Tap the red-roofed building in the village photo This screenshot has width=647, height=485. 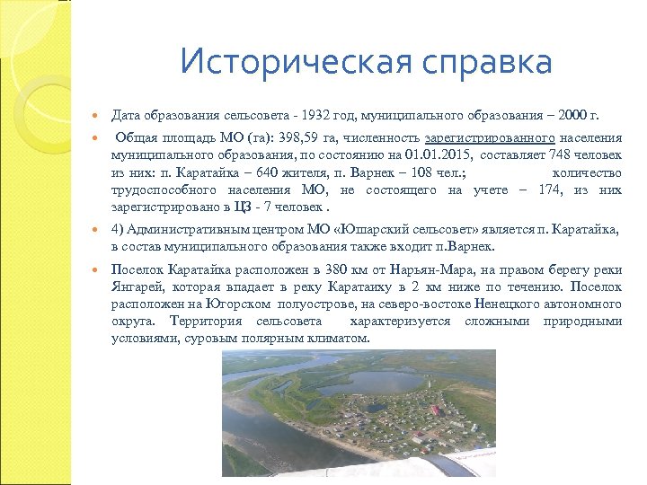tap(436, 410)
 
